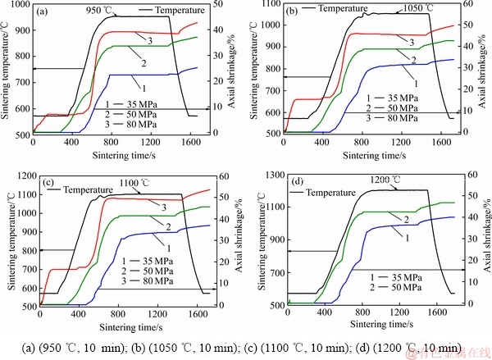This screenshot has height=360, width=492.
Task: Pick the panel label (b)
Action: [x=291, y=11]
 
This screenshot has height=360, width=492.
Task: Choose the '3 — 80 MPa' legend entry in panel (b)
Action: [x=380, y=116]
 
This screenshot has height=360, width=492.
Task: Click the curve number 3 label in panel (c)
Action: [x=153, y=207]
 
